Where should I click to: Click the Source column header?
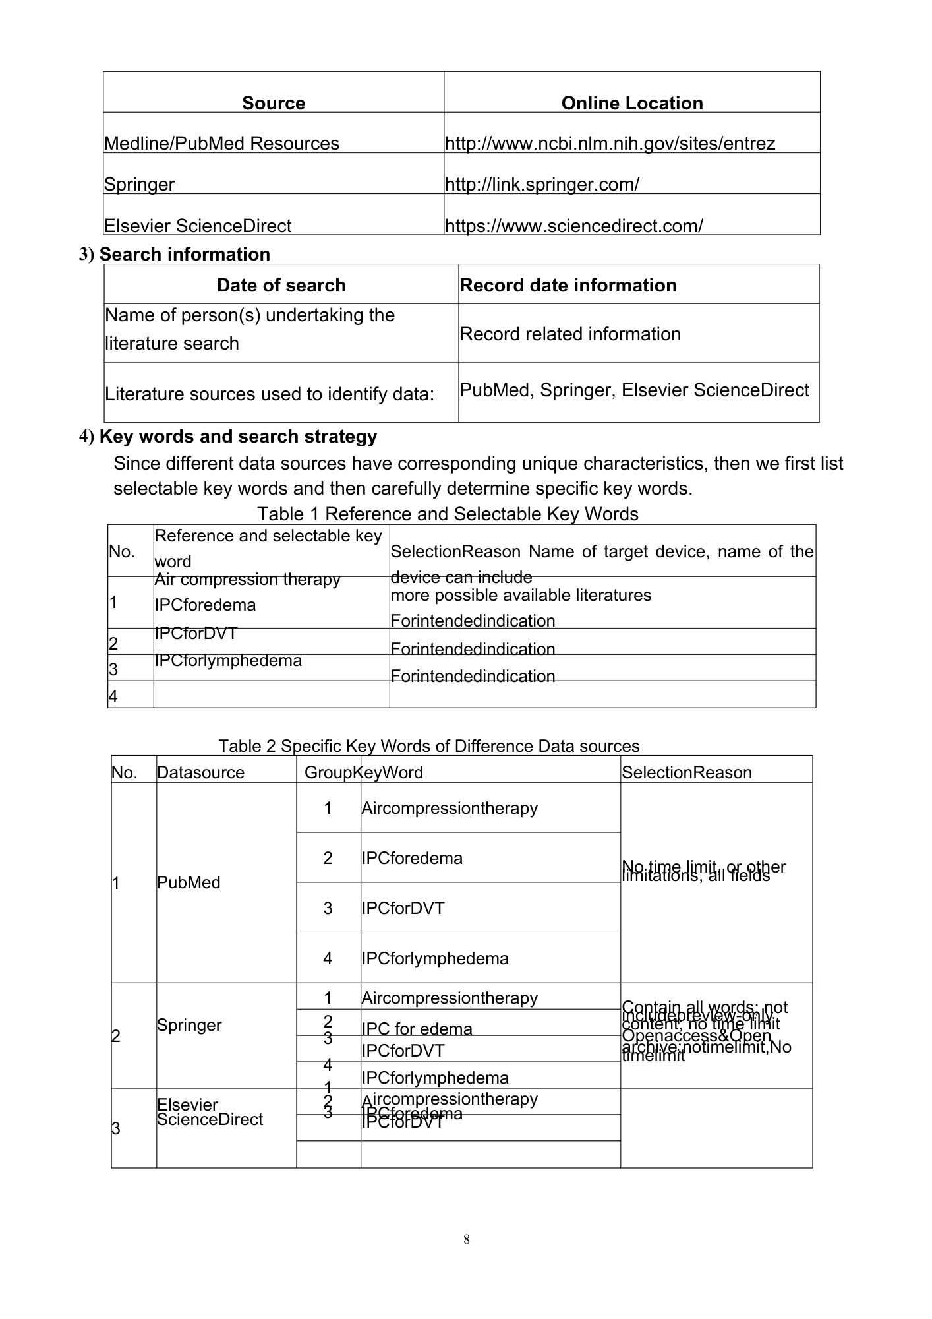274,103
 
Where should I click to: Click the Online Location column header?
631,103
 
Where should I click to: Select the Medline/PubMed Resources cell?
221,143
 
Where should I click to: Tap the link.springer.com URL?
542,184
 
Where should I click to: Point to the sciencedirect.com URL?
573,226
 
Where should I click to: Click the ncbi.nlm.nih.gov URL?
610,143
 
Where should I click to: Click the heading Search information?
184,254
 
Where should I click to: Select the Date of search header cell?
281,285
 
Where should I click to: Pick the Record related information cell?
570,334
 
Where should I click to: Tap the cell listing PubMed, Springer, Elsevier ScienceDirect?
634,390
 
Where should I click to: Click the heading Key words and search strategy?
238,437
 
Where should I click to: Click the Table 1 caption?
448,514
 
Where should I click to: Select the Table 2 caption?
428,746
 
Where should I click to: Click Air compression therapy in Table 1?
247,579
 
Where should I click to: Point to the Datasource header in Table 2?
200,772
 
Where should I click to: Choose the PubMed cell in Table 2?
189,882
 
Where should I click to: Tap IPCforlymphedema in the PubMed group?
435,958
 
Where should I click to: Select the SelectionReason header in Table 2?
686,772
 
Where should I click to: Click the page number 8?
467,1239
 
